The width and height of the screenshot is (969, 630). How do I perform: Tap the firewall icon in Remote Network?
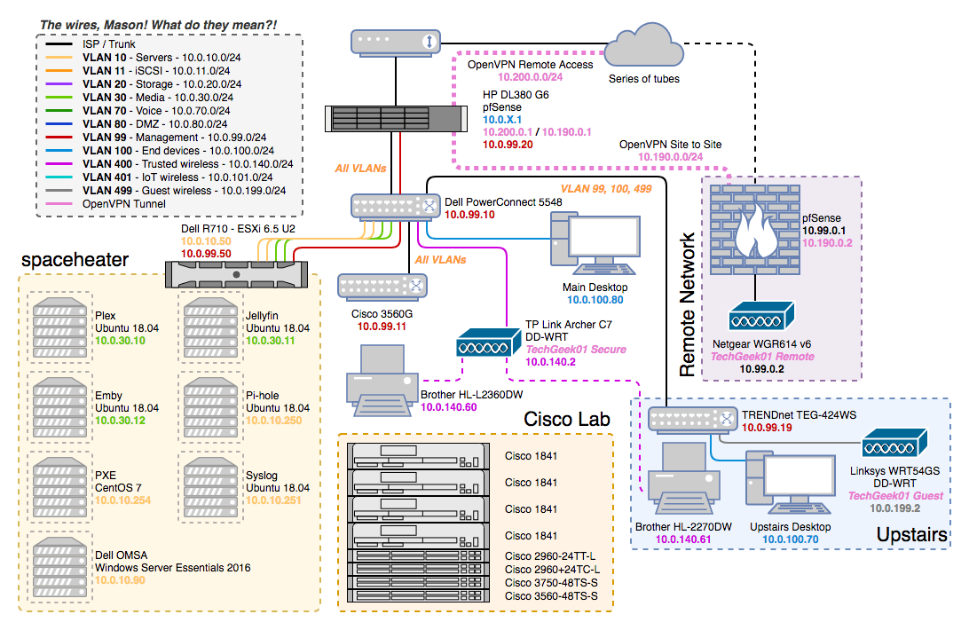coord(754,226)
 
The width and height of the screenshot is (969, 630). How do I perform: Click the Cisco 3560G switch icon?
coord(382,286)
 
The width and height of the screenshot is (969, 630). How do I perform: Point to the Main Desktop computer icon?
coord(594,244)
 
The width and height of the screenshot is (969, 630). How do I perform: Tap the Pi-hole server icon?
coord(209,407)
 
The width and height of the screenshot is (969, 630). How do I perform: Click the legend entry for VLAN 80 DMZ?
coord(155,124)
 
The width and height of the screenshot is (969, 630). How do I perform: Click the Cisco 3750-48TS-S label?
coord(551,582)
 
